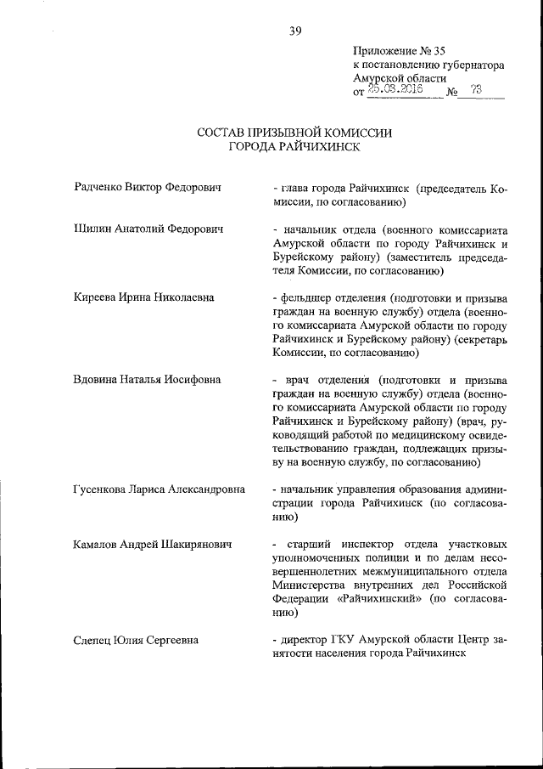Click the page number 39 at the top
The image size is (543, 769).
[x=295, y=31]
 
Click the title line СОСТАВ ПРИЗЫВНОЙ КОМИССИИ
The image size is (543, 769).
[x=294, y=133]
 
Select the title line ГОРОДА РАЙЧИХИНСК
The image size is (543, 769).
[x=294, y=146]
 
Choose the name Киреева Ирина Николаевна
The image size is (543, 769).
[x=143, y=297]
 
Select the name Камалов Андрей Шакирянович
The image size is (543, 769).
[x=153, y=543]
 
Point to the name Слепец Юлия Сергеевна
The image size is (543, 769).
[x=136, y=639]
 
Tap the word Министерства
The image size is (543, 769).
[x=311, y=584]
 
